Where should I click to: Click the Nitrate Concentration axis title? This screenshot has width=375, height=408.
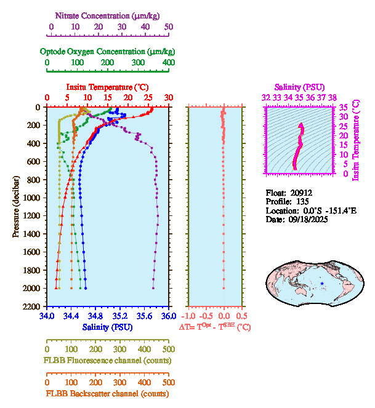pyautogui.click(x=110, y=15)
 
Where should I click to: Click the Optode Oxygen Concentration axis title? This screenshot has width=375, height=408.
pyautogui.click(x=107, y=51)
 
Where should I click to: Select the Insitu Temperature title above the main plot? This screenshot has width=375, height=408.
pyautogui.click(x=107, y=88)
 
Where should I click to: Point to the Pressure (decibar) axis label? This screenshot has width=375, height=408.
pyautogui.click(x=16, y=207)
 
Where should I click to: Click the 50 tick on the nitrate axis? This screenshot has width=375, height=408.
pyautogui.click(x=169, y=27)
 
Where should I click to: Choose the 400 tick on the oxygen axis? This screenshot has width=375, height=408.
pyautogui.click(x=168, y=63)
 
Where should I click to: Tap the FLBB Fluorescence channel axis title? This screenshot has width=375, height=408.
pyautogui.click(x=107, y=360)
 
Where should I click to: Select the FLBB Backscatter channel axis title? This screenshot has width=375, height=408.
pyautogui.click(x=107, y=394)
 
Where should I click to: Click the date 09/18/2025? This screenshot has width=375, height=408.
pyautogui.click(x=307, y=219)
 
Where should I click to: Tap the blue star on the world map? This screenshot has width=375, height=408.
pyautogui.click(x=322, y=284)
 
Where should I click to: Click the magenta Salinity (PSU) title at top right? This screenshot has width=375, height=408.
pyautogui.click(x=299, y=88)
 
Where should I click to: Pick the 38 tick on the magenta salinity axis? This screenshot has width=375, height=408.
pyautogui.click(x=333, y=97)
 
